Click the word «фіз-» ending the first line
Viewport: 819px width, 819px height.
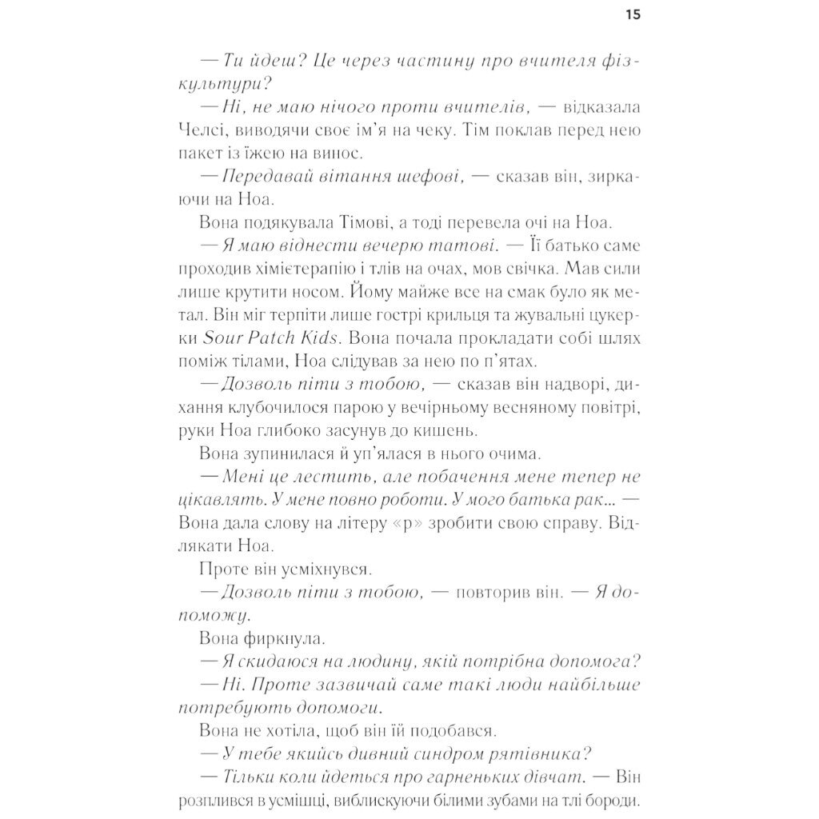(619, 61)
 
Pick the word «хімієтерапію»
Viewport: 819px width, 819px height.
(300, 266)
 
